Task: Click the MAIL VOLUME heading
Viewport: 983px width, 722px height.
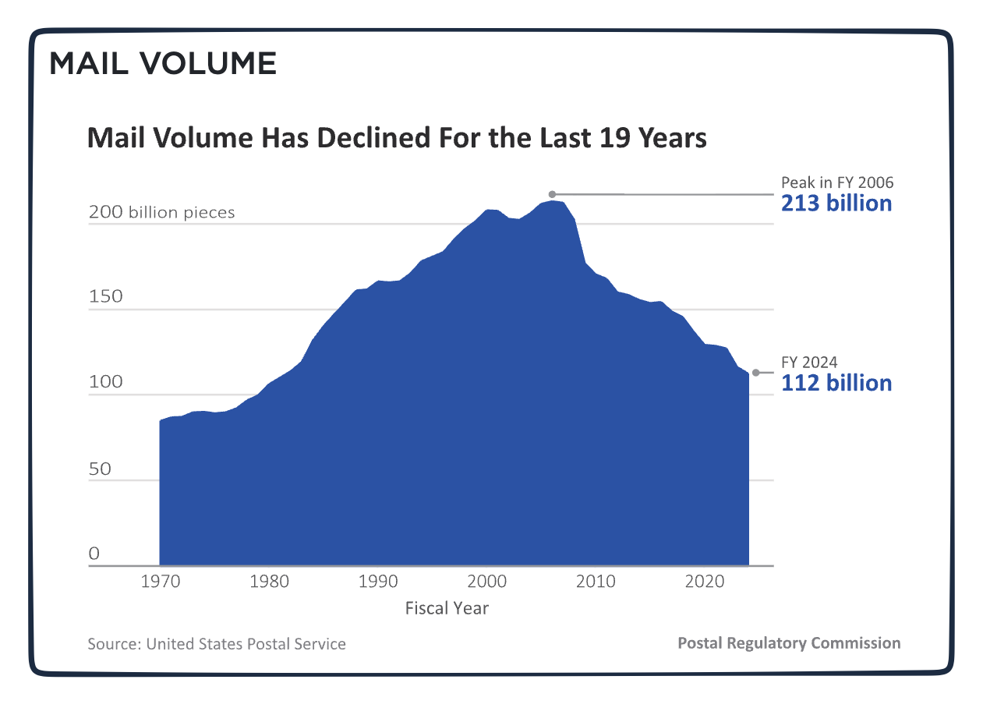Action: pos(163,63)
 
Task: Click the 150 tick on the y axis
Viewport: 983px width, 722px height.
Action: pos(107,296)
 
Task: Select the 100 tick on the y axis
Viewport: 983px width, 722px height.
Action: pos(107,382)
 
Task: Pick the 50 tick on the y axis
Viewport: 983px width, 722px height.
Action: pos(101,469)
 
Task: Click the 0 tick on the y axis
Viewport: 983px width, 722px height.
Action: pos(94,554)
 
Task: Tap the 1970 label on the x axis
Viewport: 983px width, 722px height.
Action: pos(161,582)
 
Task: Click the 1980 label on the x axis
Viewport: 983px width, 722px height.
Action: pos(270,582)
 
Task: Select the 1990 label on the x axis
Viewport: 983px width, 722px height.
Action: pos(378,582)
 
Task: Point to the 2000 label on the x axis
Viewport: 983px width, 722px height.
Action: pos(487,582)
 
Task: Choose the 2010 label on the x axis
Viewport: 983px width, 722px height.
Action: pos(596,582)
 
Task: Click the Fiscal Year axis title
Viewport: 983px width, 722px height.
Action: pos(447,608)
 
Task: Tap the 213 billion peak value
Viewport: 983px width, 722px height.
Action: pos(836,204)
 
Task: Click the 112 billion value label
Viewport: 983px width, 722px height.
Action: pos(836,383)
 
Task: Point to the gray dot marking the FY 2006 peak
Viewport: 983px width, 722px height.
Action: pos(552,194)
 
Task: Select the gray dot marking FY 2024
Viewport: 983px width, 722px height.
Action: pos(755,373)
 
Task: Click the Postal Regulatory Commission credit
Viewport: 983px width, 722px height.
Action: pos(789,643)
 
